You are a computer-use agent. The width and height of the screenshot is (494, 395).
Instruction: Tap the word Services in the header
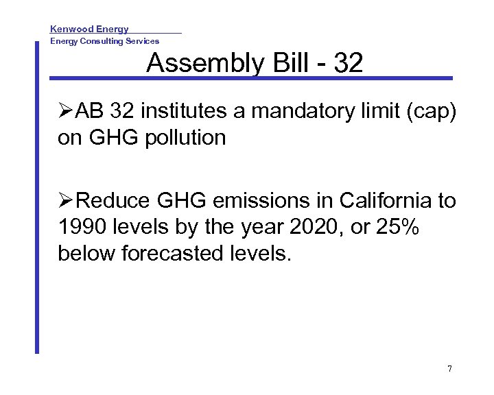tap(141, 41)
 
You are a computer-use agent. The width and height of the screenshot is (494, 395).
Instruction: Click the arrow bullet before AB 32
tap(66, 110)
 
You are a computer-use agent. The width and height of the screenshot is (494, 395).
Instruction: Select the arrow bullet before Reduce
tap(66, 201)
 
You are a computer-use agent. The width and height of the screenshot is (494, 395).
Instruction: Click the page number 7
tap(449, 369)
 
